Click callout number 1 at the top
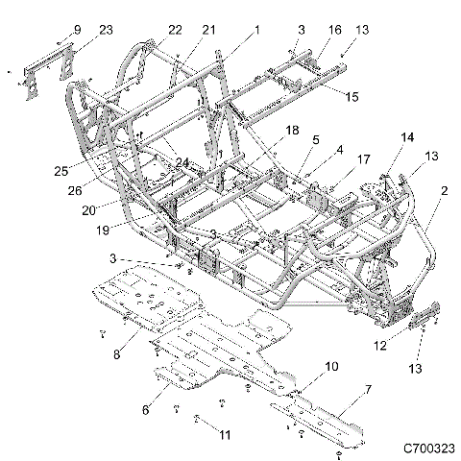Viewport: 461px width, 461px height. [256, 31]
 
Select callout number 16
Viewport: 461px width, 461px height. [335, 31]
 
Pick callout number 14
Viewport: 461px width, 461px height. [407, 138]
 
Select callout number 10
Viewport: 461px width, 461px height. [331, 367]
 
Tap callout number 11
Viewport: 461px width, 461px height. [225, 435]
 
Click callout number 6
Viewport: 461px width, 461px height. [146, 409]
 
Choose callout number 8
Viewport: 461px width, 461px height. [116, 354]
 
